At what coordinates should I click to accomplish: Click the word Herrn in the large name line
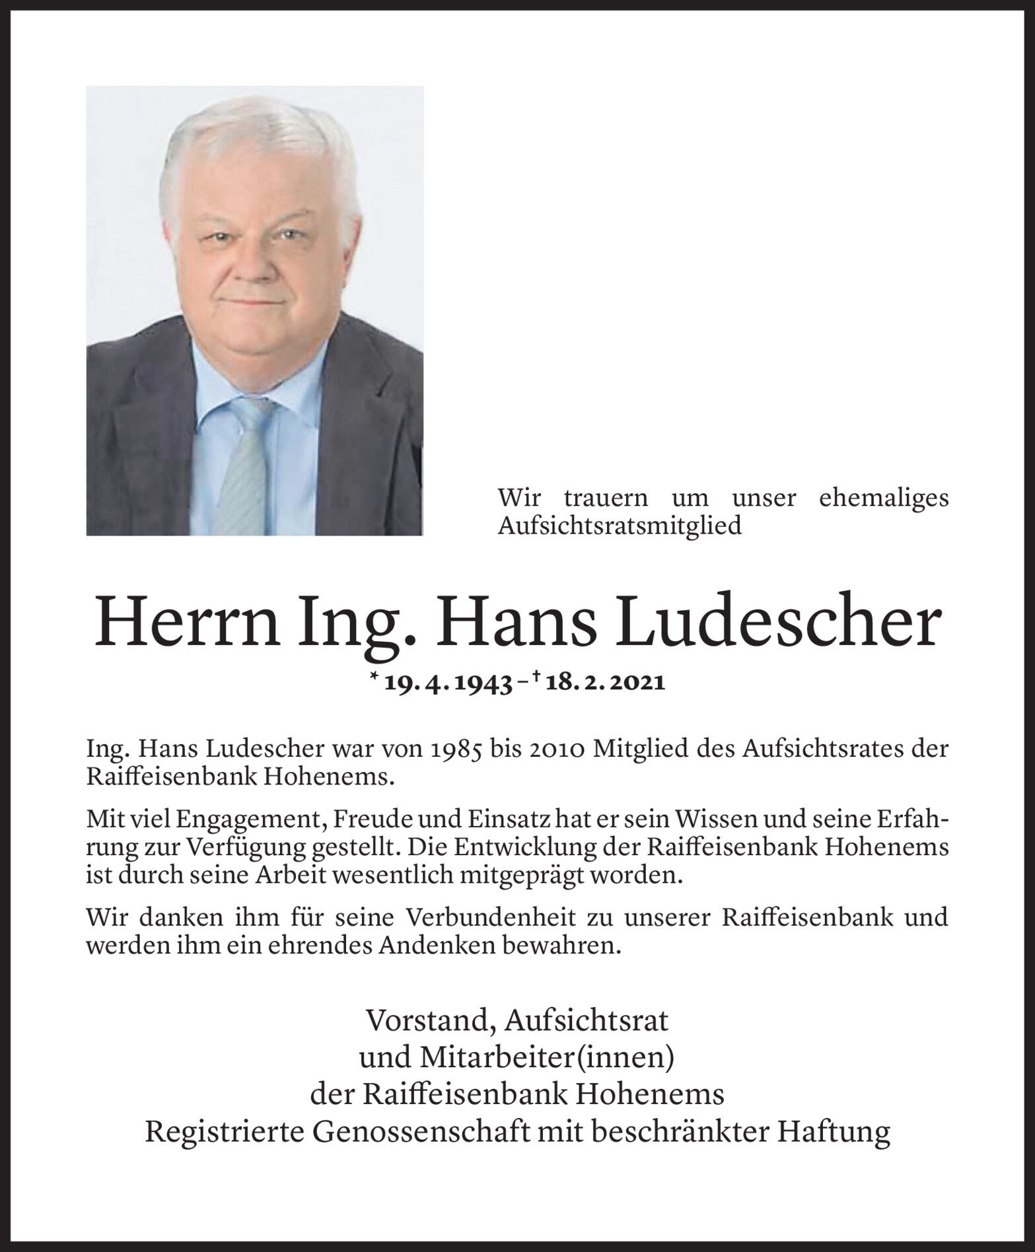coord(186,623)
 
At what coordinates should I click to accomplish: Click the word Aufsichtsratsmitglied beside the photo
coord(620,526)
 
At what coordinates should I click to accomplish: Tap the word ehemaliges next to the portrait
coord(883,497)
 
